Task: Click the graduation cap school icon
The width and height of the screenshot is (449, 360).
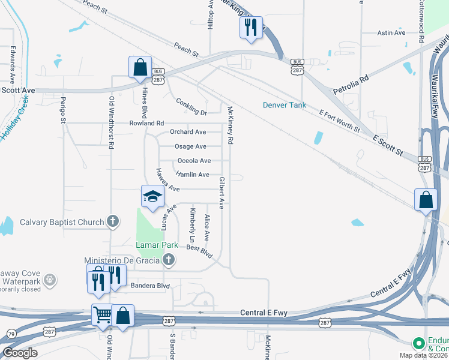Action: click(x=152, y=196)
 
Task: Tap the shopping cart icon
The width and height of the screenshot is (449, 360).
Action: click(x=102, y=313)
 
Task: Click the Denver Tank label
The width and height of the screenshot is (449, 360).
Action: click(x=285, y=105)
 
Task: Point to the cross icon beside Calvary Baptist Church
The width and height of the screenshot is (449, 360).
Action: click(x=112, y=221)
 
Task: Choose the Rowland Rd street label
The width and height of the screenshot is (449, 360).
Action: click(x=146, y=123)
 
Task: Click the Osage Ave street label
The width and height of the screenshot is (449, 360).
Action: click(x=190, y=146)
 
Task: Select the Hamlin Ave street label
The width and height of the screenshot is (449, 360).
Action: click(x=192, y=175)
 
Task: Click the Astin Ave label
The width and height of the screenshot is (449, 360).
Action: click(x=391, y=33)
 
